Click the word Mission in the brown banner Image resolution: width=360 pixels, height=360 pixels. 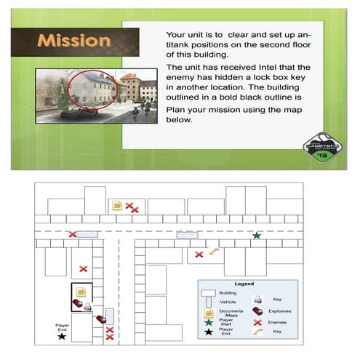[x=74, y=41]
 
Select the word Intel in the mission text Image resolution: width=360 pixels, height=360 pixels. [x=279, y=75]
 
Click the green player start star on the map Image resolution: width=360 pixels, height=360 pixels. [x=256, y=236]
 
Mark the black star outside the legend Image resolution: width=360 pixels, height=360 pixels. [x=61, y=336]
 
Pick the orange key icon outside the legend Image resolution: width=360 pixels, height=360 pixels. [x=213, y=252]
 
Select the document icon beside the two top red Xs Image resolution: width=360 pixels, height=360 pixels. [x=116, y=206]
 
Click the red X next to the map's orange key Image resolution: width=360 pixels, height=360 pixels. [x=199, y=255]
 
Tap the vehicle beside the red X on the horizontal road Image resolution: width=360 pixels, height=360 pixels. [x=87, y=234]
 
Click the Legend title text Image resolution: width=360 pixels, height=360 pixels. [x=244, y=284]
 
